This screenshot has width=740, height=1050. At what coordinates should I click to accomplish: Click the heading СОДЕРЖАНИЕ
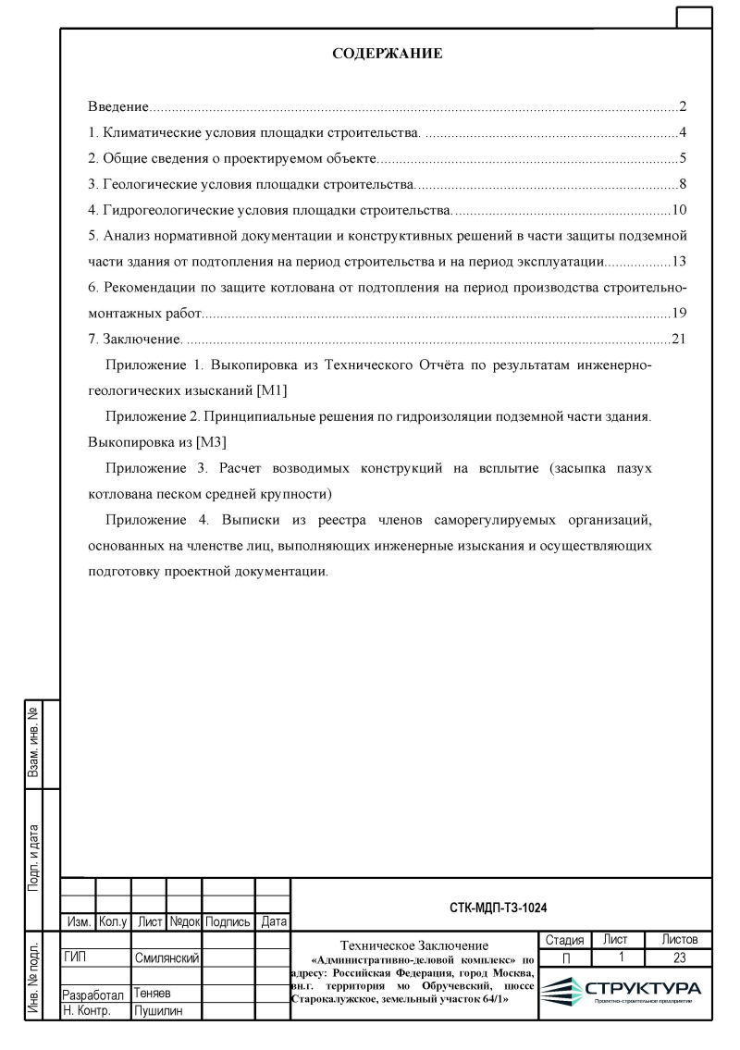[387, 54]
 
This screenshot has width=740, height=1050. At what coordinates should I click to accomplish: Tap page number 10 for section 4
[679, 209]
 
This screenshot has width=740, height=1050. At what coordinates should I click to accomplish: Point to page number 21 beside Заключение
[679, 339]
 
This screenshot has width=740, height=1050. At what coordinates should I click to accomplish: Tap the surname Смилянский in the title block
[167, 958]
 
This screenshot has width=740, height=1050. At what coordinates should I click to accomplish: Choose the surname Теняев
[153, 993]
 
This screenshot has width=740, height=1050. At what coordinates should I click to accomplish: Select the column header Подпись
[228, 922]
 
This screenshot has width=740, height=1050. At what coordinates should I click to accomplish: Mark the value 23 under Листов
[679, 957]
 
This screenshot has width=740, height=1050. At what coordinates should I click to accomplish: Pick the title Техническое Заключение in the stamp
[413, 945]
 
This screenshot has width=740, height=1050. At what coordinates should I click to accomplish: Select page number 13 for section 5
[679, 261]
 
